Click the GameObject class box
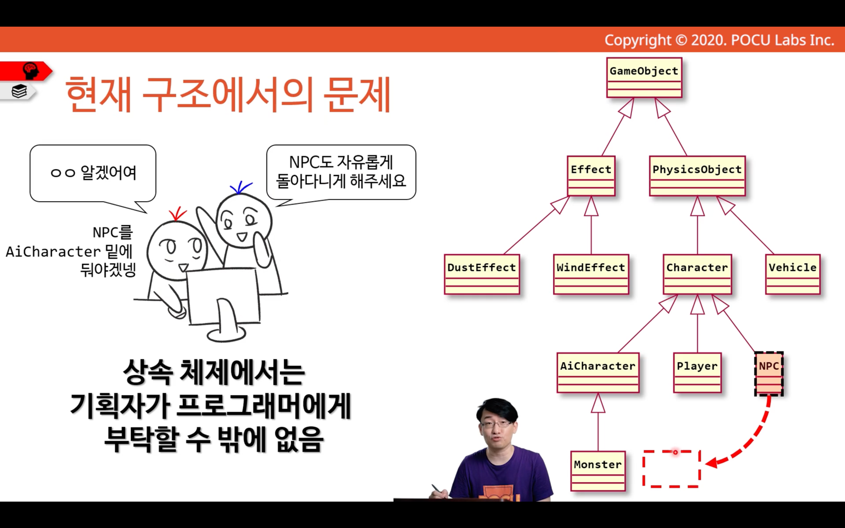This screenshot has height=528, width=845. tap(644, 78)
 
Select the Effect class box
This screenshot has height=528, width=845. tap(591, 176)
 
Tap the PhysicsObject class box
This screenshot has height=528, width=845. tap(697, 176)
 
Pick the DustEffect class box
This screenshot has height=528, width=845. tap(482, 274)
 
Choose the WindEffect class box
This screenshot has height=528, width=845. tap(591, 274)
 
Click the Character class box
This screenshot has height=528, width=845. tap(697, 274)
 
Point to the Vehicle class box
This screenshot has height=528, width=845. tap(793, 274)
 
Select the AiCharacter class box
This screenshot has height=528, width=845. tap(598, 373)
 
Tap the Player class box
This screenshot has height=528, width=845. tap(697, 373)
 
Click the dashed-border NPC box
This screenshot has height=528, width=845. tap(769, 373)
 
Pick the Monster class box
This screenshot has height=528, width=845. tap(598, 471)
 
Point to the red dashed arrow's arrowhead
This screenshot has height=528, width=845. tap(711, 463)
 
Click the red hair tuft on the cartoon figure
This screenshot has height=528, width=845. tap(177, 213)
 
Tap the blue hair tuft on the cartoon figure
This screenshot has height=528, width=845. tap(240, 188)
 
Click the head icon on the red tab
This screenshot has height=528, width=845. tap(31, 70)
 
